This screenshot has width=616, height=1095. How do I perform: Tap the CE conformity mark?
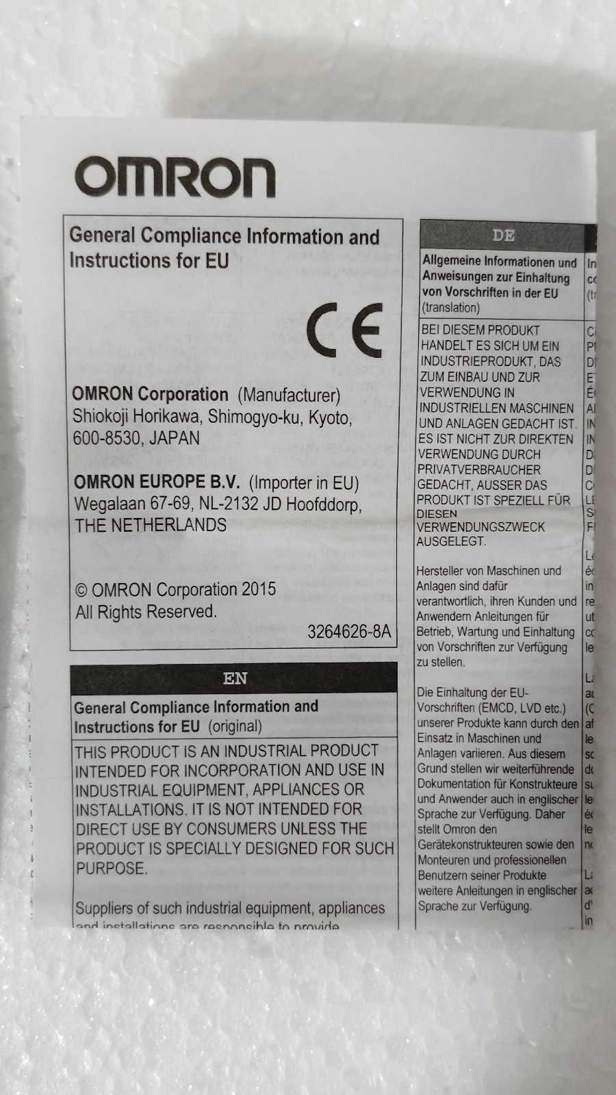coord(344,330)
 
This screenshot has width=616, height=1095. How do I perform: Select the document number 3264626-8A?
coord(349,632)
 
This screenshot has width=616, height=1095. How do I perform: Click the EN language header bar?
coord(234,678)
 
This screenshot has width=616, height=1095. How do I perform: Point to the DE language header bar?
coord(502,235)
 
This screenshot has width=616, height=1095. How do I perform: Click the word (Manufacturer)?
coord(289,396)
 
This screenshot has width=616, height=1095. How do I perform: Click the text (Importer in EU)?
coord(304,483)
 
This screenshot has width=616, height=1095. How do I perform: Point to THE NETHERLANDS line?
coord(151,526)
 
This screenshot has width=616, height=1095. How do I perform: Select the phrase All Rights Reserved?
coord(146,612)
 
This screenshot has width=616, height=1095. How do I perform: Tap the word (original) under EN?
coord(235,726)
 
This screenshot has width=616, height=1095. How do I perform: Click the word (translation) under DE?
coord(450,308)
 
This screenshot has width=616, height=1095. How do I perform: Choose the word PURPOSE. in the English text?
coord(112,868)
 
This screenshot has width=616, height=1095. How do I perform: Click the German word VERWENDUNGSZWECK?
coord(481,527)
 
